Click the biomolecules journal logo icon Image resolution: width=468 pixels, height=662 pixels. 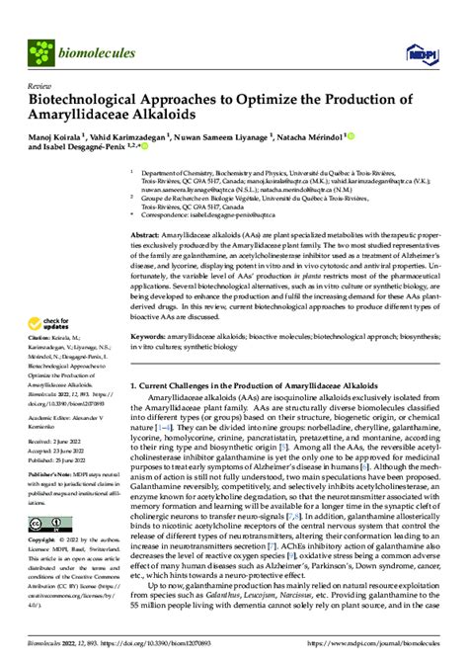click(x=41, y=49)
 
